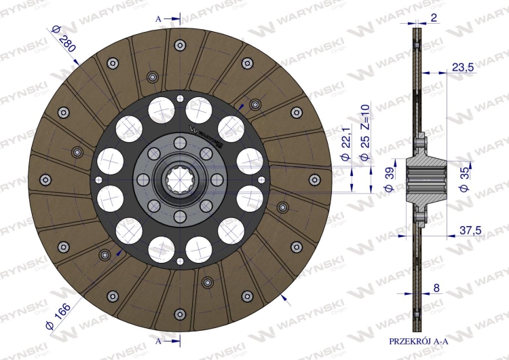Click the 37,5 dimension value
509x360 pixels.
click(468, 231)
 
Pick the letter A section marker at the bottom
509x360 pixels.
click(158, 340)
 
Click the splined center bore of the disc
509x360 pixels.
click(180, 179)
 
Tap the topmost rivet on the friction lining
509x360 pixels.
click(179, 46)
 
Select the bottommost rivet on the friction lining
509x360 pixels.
click(179, 313)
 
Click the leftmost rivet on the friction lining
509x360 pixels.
click(45, 179)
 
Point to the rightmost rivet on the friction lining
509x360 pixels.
click(314, 179)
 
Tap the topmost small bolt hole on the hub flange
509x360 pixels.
click(180, 143)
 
